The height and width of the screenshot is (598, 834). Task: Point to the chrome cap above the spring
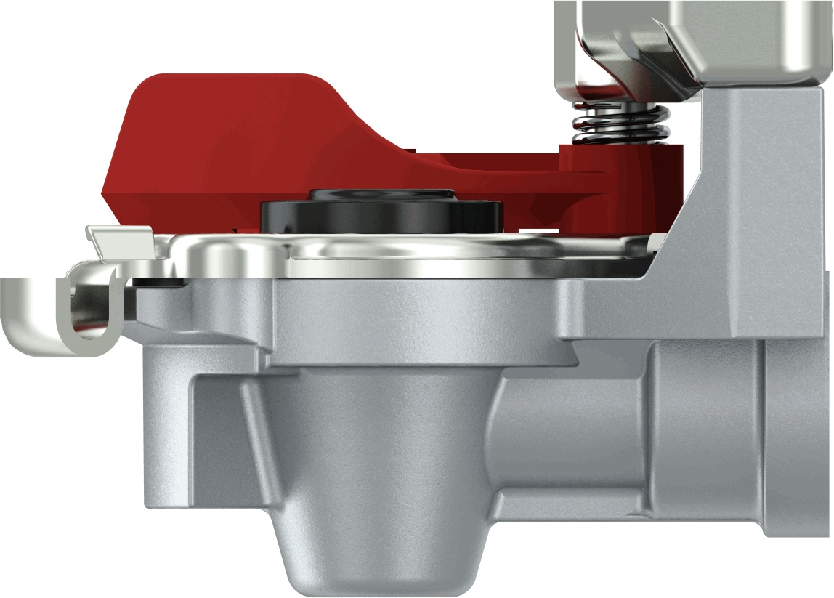(x=690, y=44)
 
